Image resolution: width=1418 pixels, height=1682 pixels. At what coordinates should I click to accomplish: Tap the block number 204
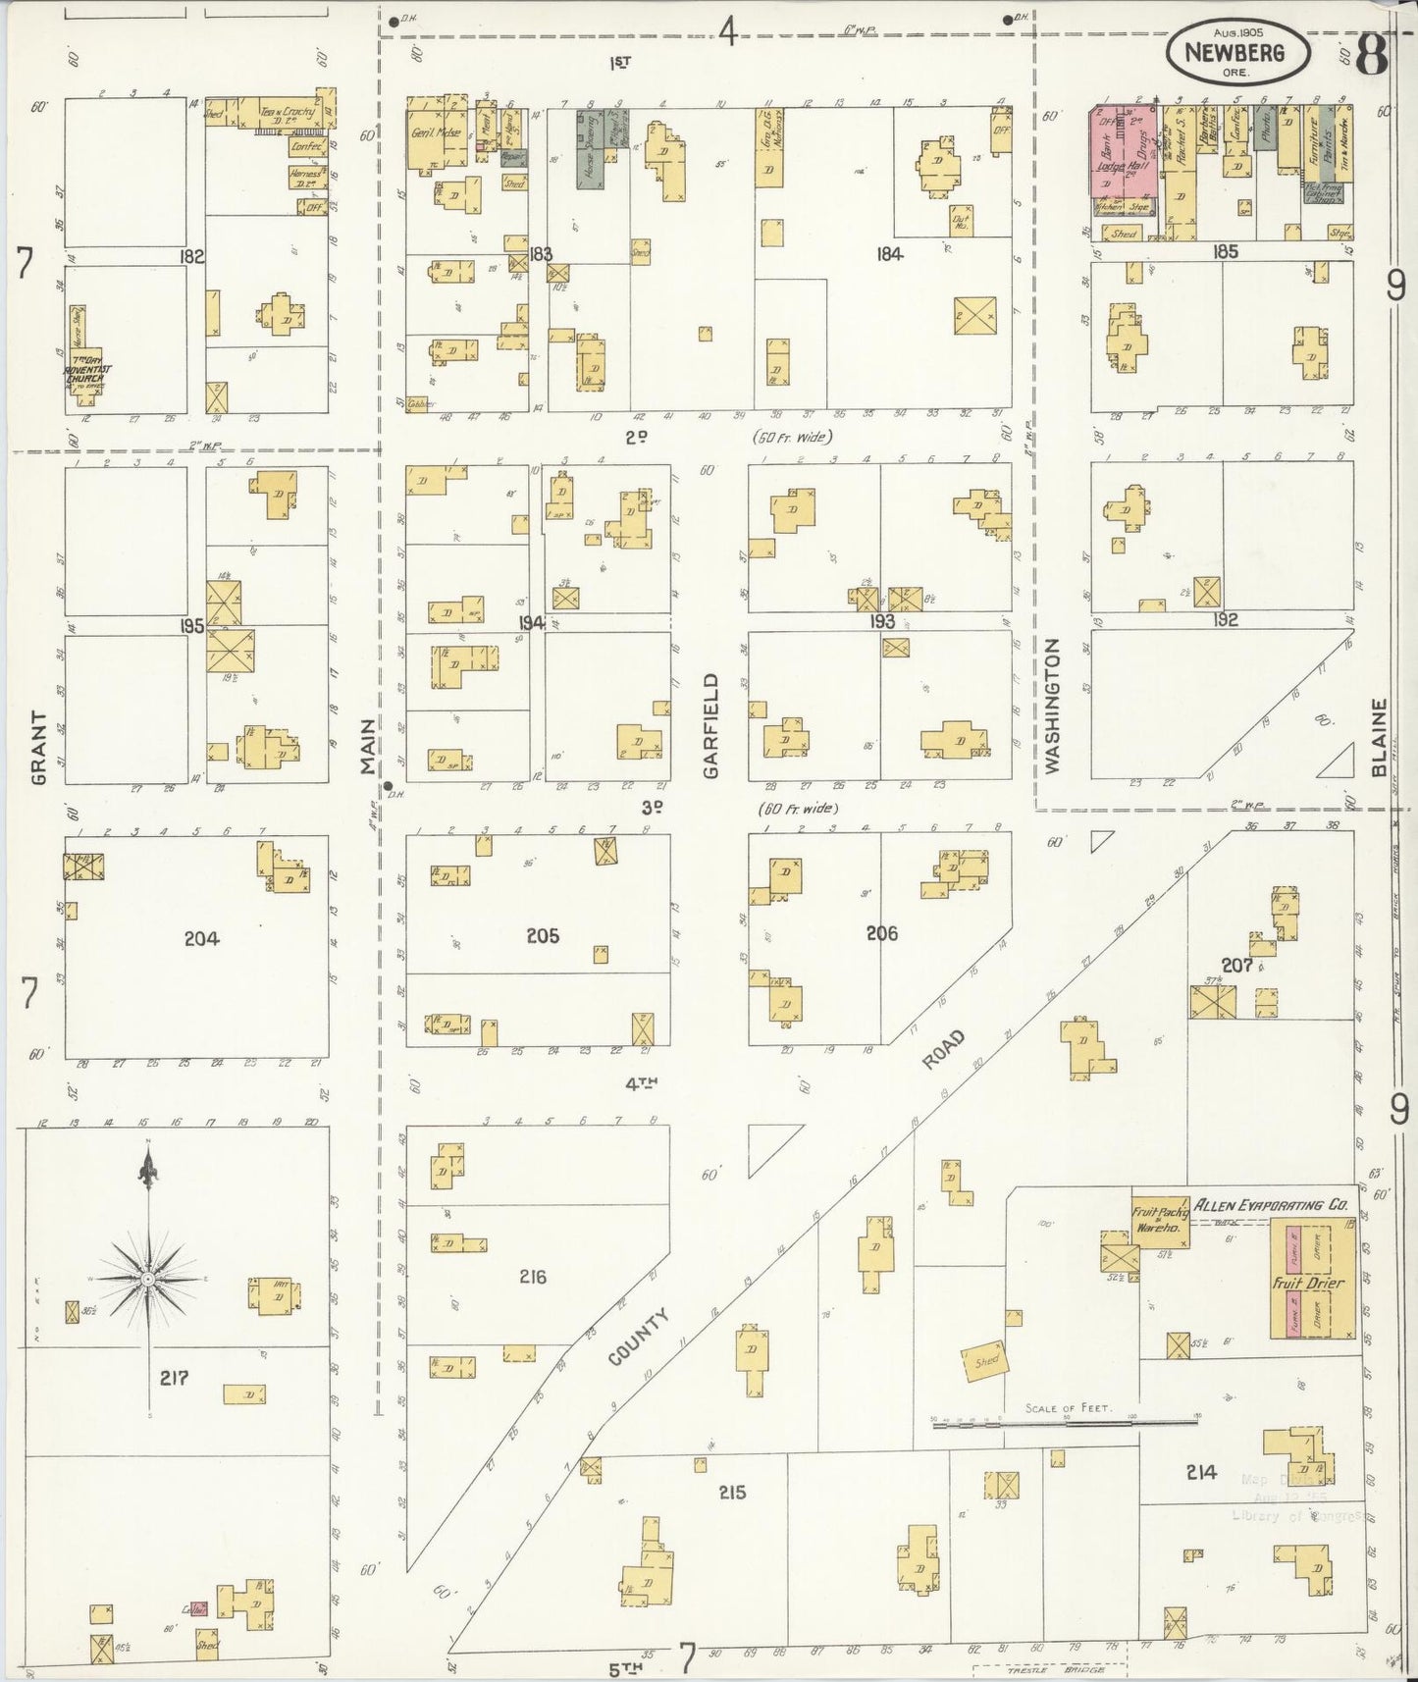[201, 939]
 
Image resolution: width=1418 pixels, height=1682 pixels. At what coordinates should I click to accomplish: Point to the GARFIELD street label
[711, 725]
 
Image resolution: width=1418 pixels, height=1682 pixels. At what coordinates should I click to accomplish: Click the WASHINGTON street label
[1054, 706]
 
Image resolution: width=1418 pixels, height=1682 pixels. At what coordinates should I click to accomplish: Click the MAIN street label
[368, 747]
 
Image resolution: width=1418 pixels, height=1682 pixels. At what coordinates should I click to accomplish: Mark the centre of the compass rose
[147, 1280]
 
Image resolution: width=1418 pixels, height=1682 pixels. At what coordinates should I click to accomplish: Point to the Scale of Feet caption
[1068, 1408]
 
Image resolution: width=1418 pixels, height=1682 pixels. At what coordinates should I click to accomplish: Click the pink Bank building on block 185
[1108, 152]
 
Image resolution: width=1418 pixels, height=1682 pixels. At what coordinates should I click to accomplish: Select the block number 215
[732, 1493]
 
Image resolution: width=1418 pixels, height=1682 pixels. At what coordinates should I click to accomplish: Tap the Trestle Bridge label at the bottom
[1048, 1670]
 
